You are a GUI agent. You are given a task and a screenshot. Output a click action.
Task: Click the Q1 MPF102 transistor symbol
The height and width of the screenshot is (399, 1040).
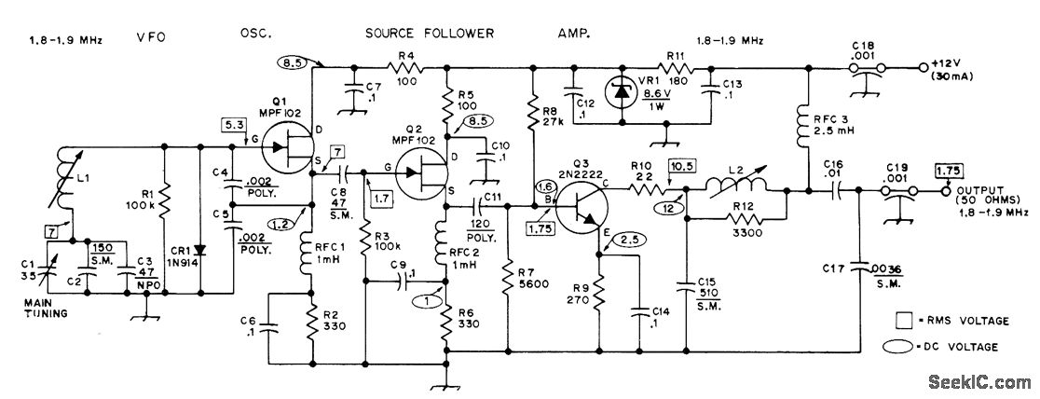(287, 149)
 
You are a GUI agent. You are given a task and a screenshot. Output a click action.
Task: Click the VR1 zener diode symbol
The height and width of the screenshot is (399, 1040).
(622, 94)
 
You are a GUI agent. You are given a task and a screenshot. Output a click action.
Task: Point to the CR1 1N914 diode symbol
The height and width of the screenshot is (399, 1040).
(200, 251)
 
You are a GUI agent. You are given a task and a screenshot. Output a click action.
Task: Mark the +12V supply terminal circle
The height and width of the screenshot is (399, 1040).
(923, 67)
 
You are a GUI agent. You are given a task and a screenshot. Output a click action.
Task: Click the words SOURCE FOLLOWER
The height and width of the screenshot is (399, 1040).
(430, 34)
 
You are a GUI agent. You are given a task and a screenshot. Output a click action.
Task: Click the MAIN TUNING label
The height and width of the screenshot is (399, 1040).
(46, 308)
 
